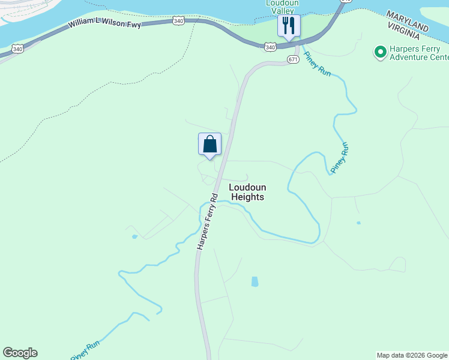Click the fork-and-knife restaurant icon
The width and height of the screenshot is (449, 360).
coord(289,26)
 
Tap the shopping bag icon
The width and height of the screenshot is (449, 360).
coord(209,145)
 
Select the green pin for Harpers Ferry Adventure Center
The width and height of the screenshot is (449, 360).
coord(380,52)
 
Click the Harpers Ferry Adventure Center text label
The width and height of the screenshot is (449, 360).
coord(418,53)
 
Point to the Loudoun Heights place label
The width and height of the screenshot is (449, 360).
coord(247,192)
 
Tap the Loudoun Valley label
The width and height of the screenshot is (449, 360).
coord(282,7)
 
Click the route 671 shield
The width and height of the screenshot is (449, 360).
coord(292,59)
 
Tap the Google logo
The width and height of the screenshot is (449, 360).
coord(20,353)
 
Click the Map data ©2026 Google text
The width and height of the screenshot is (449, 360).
coord(412,355)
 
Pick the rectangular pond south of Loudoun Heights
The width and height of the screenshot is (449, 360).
coord(255,281)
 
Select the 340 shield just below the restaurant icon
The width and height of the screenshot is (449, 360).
coord(270,47)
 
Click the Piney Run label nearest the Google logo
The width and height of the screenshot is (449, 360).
coord(85,352)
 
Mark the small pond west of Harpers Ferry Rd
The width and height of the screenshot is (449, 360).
coord(134,236)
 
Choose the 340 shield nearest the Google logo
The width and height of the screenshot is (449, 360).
coord(17,49)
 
